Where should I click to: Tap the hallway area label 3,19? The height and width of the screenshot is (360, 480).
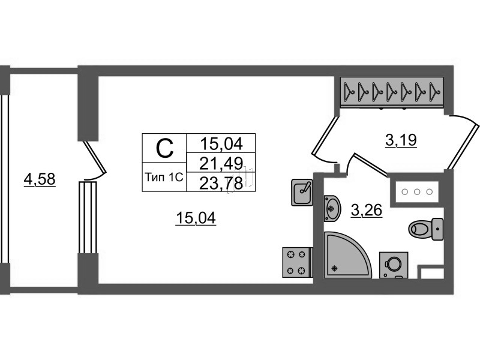[401, 141]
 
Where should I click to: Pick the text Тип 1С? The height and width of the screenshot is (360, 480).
[164, 177]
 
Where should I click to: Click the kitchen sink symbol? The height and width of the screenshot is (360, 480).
[302, 192]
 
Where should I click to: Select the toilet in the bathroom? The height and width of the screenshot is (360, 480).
[425, 227]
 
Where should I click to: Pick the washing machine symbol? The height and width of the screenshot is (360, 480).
[394, 264]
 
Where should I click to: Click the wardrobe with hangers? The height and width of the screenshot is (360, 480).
[392, 92]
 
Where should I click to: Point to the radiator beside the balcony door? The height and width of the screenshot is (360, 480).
[87, 218]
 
